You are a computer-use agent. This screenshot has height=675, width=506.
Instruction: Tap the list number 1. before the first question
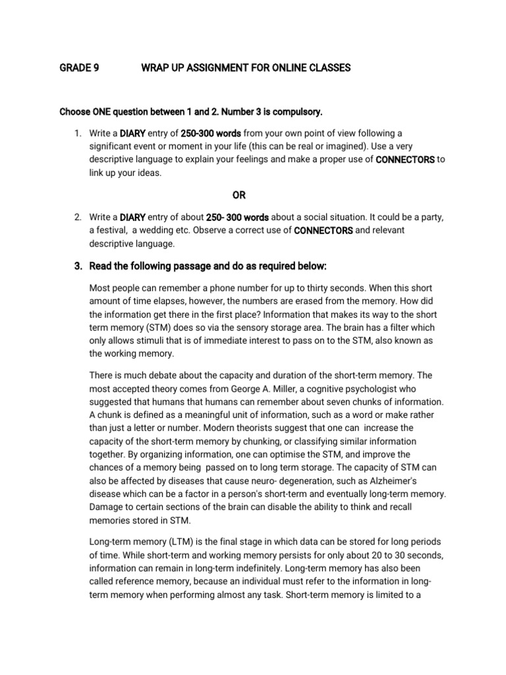pyautogui.click(x=77, y=134)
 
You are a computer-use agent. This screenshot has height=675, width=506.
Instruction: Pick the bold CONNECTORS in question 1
pyautogui.click(x=405, y=160)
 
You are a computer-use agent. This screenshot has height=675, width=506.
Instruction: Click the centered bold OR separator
pyautogui.click(x=239, y=194)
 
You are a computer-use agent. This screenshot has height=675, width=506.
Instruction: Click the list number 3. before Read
pyautogui.click(x=77, y=266)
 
